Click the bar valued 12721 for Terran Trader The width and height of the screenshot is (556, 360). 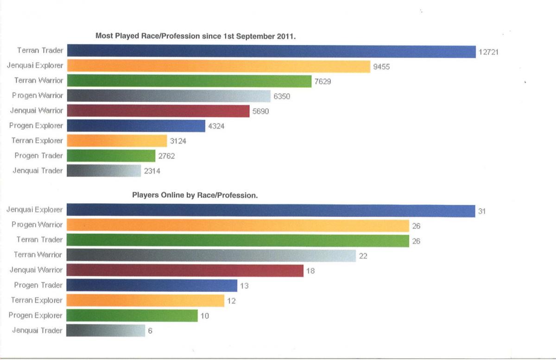pos(271,51)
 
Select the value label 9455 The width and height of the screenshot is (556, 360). pos(381,67)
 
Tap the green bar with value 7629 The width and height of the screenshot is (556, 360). pos(189,81)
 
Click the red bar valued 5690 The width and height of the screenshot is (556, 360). pos(158,111)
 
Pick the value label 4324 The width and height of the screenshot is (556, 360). pos(216,126)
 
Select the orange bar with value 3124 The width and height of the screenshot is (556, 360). pos(117,141)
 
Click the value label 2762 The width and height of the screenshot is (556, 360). pos(166,156)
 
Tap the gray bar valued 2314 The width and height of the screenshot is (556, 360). pos(104,171)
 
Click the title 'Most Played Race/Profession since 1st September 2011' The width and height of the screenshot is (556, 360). pos(195,36)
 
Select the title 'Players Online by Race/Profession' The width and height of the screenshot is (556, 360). pos(195,196)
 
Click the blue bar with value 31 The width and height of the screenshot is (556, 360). pos(271,210)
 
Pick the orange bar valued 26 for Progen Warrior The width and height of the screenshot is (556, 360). pos(238,225)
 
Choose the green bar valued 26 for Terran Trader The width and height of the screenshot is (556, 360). pos(238,240)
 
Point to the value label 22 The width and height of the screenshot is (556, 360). pos(363,256)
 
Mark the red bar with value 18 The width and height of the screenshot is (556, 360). pos(185,271)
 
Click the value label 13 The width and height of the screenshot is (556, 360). pos(244,286)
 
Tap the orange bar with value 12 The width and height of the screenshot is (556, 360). pos(145,301)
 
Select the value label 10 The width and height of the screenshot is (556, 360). pos(205,316)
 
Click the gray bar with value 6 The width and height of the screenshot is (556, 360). pos(106,331)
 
